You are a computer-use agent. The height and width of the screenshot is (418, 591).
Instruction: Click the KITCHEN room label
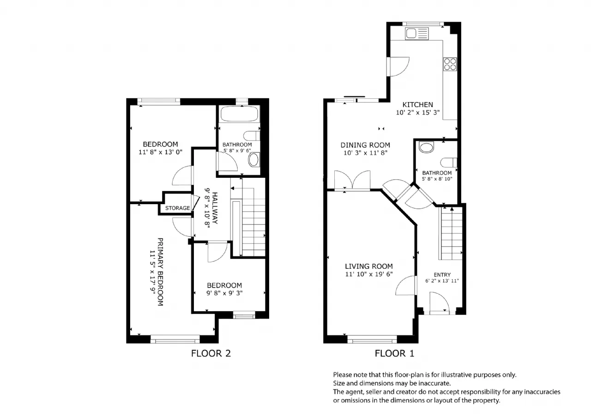click(418, 105)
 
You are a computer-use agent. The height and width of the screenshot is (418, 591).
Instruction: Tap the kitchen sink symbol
click(417, 34)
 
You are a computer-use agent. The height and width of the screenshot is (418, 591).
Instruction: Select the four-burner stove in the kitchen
click(450, 64)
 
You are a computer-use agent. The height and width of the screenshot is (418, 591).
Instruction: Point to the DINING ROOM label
click(365, 145)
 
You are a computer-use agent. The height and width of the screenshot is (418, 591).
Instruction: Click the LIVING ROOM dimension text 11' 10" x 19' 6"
click(369, 274)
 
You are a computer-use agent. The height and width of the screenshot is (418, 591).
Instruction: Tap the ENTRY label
click(442, 275)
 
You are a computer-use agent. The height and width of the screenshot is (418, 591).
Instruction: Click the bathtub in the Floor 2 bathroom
click(239, 114)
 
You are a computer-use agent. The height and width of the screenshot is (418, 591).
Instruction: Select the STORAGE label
click(178, 208)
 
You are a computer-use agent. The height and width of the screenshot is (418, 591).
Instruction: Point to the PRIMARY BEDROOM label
click(160, 272)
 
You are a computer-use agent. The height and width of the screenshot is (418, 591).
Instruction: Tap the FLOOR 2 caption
click(211, 353)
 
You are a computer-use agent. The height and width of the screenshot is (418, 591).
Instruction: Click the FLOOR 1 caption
click(394, 353)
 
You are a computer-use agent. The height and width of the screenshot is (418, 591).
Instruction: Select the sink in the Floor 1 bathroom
click(426, 147)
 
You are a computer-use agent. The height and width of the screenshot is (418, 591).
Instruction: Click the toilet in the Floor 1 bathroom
click(449, 163)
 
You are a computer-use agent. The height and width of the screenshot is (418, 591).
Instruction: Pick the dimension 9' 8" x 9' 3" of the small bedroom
click(224, 293)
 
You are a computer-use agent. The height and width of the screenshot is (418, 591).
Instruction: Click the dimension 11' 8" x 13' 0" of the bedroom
click(160, 152)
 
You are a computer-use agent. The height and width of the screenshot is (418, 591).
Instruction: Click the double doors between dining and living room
click(352, 180)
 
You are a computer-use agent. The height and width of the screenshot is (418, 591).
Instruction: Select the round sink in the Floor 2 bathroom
click(253, 160)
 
